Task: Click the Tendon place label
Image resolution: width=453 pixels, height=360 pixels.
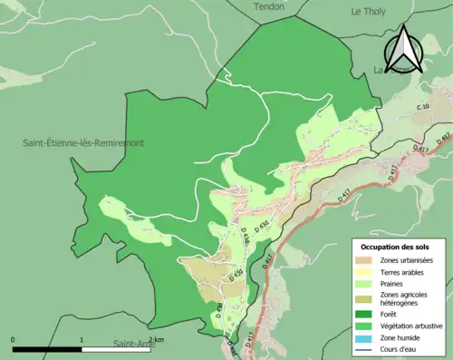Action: pyautogui.click(x=269, y=5)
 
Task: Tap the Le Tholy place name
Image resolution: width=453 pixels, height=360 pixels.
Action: pyautogui.click(x=370, y=11)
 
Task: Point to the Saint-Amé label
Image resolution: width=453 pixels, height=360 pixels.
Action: pyautogui.click(x=132, y=344)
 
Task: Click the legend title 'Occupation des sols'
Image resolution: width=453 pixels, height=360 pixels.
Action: pyautogui.click(x=400, y=248)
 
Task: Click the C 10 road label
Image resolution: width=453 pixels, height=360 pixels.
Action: pyautogui.click(x=422, y=108)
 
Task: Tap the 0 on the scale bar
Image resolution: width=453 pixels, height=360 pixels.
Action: pyautogui.click(x=13, y=340)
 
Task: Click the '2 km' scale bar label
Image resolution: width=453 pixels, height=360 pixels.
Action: pyautogui.click(x=155, y=340)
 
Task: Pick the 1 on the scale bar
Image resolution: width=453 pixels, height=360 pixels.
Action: pyautogui.click(x=82, y=340)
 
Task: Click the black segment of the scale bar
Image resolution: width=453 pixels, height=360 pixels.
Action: pyautogui.click(x=47, y=349)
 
